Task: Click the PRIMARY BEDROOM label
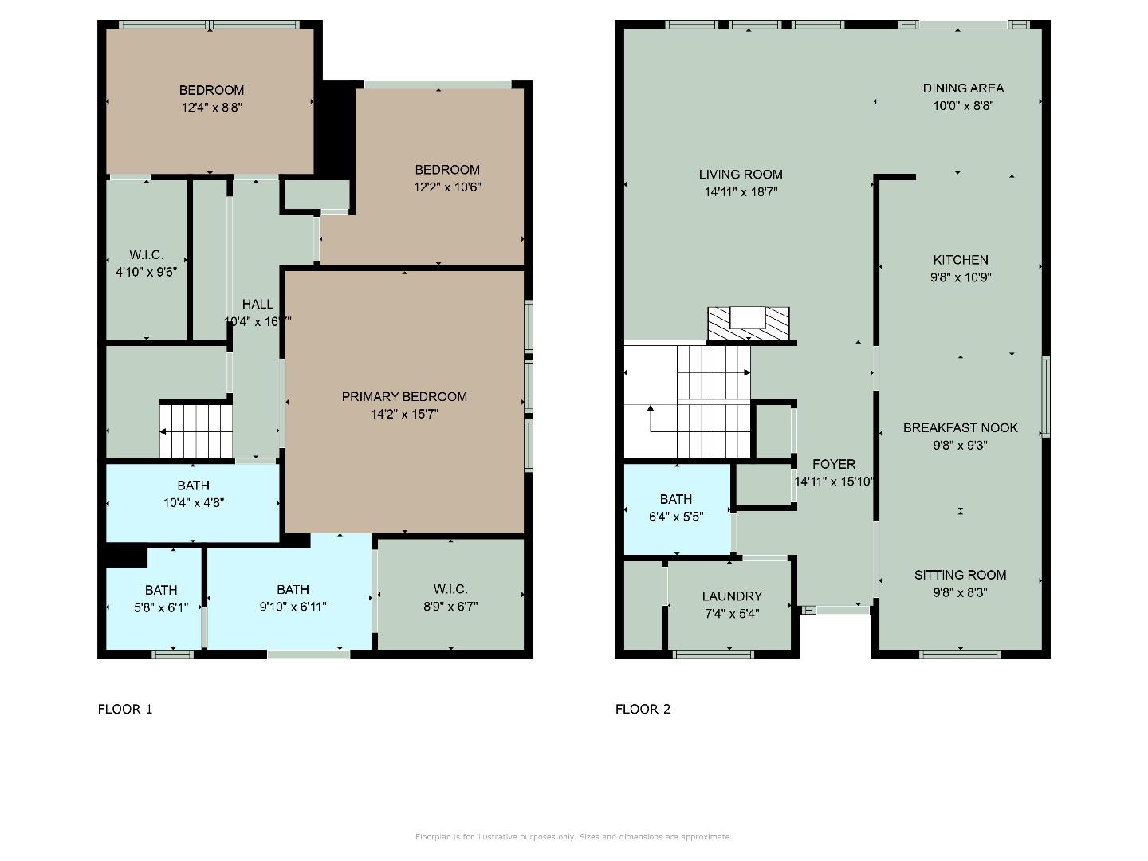(404, 397)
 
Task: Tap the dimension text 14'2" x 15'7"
(404, 415)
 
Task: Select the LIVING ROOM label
(741, 175)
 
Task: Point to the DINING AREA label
(963, 88)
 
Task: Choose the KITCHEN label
(961, 260)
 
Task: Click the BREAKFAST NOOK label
(960, 428)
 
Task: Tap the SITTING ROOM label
(960, 575)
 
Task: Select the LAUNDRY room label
(732, 596)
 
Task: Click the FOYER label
(834, 464)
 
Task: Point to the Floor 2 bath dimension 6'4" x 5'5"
(676, 517)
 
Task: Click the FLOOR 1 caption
(125, 709)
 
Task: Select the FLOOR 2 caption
(643, 709)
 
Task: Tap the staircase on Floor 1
(196, 431)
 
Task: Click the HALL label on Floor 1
(258, 304)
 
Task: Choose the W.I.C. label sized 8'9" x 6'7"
(450, 589)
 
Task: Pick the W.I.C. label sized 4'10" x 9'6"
(146, 255)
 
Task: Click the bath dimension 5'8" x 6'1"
(161, 607)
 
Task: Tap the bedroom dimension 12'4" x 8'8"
(211, 108)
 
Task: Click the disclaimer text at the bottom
(573, 837)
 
